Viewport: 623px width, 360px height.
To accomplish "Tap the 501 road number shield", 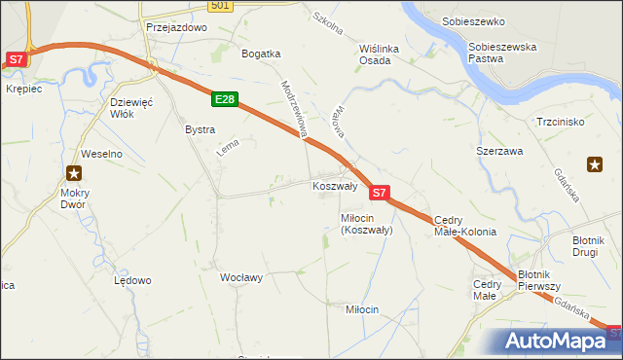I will pyautogui.click(x=221, y=6).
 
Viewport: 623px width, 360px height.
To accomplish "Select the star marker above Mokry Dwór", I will pyautogui.click(x=73, y=174).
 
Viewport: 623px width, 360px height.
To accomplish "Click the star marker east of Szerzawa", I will pyautogui.click(x=595, y=164).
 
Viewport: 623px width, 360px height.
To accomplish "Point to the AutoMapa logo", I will pyautogui.click(x=558, y=341).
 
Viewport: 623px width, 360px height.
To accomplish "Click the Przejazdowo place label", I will pyautogui.click(x=177, y=28).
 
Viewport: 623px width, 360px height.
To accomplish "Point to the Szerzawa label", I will pyautogui.click(x=499, y=152).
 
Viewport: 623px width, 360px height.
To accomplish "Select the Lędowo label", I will pyautogui.click(x=132, y=280).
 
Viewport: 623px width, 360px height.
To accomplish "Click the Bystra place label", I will pyautogui.click(x=200, y=128).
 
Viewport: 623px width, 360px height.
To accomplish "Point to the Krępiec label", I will pyautogui.click(x=23, y=89).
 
